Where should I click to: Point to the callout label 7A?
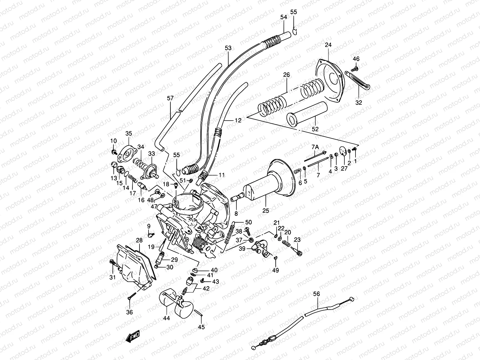[315, 147]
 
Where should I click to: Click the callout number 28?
[139, 240]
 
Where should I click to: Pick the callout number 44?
[167, 318]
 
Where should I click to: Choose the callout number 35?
[129, 133]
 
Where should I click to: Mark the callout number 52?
[315, 129]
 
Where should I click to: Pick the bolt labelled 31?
[112, 263]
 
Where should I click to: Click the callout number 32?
[358, 102]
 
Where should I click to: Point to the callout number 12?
[238, 120]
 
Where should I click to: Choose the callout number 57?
[170, 98]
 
